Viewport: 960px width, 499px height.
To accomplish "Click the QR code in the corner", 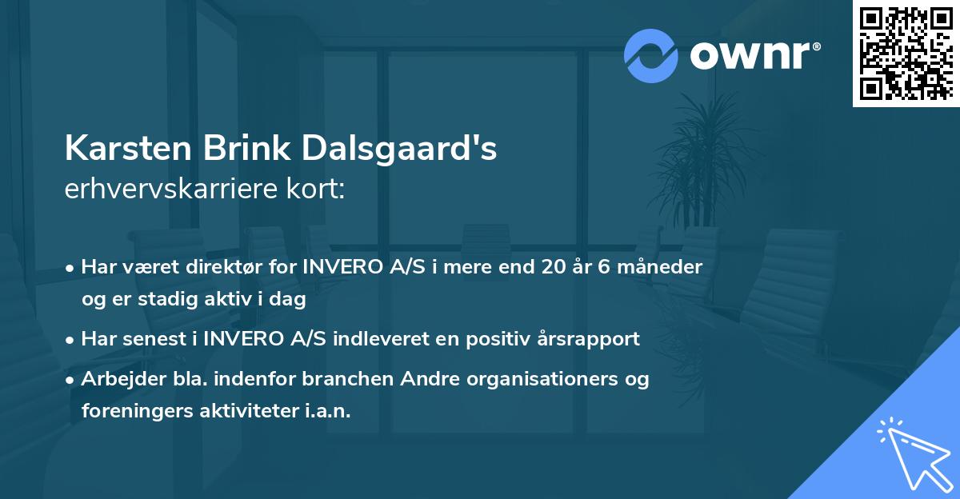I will coord(906,54).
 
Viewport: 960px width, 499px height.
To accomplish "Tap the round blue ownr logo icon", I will coord(651,56).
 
